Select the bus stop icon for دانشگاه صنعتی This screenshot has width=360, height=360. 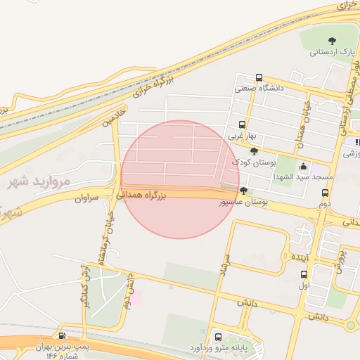click(x=259, y=78)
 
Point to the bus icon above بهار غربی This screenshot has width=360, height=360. click(x=243, y=124)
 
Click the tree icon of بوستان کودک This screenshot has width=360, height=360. click(x=254, y=151)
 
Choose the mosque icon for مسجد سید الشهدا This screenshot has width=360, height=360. click(x=303, y=166)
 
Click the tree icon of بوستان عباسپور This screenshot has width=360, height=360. click(x=243, y=191)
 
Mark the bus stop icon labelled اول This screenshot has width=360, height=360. click(x=304, y=275)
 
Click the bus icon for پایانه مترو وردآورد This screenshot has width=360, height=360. click(x=218, y=337)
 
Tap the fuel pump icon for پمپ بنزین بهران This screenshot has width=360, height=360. click(x=63, y=336)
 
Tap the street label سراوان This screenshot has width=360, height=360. click(x=88, y=198)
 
